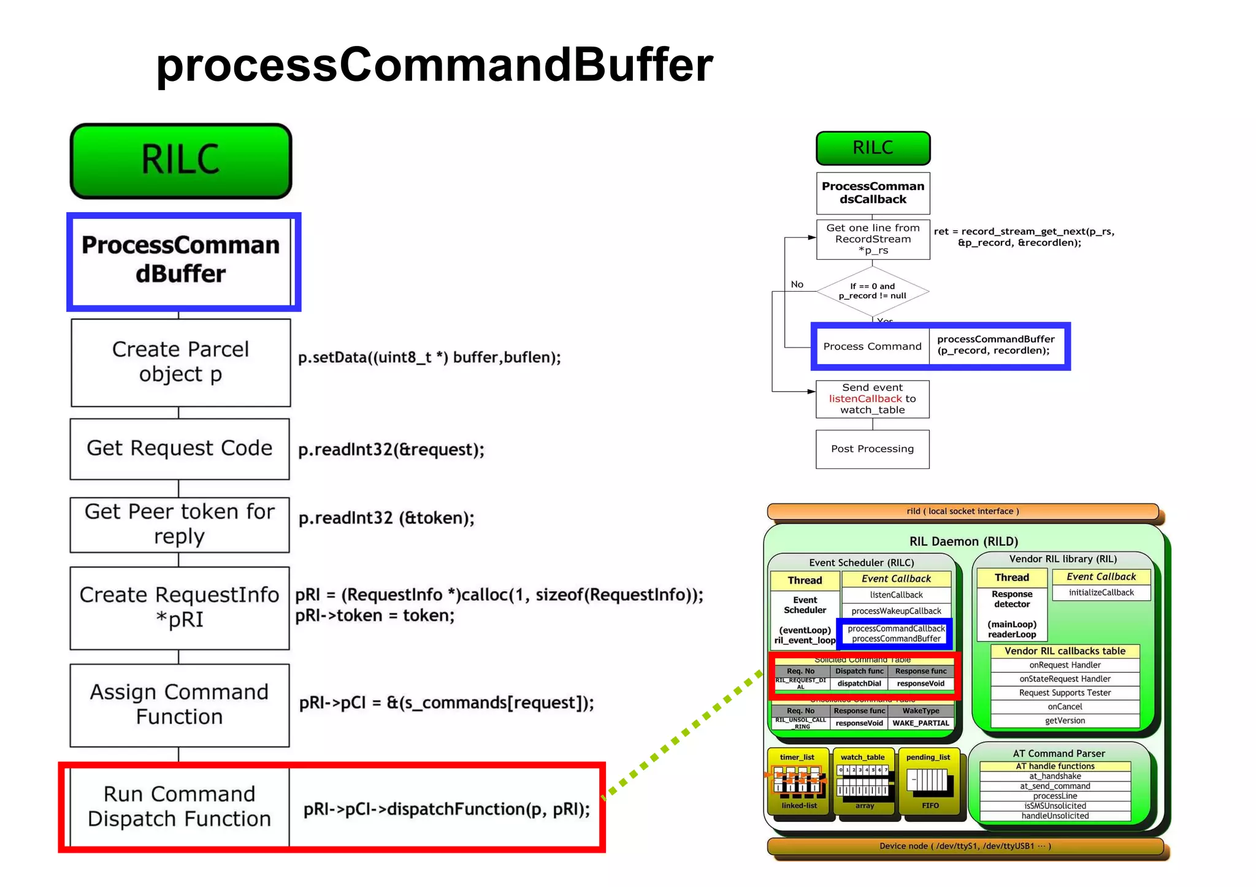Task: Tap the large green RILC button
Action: (x=181, y=161)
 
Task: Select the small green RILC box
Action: (x=873, y=148)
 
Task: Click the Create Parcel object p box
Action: (x=180, y=362)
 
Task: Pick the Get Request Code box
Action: (x=179, y=448)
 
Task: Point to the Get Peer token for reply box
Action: (x=179, y=524)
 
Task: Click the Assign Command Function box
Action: (x=179, y=704)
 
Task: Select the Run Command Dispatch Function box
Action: (x=179, y=806)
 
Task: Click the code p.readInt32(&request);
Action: (x=391, y=449)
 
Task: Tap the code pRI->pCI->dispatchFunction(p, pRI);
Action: (x=446, y=809)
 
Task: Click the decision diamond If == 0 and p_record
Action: (x=872, y=291)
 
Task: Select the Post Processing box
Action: (x=872, y=449)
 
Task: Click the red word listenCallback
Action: (x=865, y=398)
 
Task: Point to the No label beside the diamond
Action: (x=797, y=284)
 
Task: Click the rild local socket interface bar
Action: (x=962, y=511)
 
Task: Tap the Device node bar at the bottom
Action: (x=965, y=846)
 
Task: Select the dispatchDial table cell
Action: (x=859, y=683)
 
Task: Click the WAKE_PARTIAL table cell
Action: (x=921, y=723)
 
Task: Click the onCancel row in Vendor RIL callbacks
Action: (x=1065, y=707)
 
